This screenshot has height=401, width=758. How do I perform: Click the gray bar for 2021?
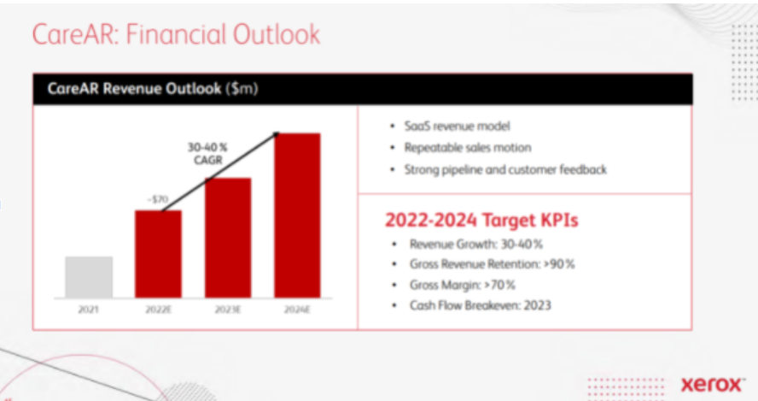pos(89,277)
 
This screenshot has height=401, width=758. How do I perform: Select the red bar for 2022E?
pos(158,254)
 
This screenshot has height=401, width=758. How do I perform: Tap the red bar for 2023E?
pos(228,238)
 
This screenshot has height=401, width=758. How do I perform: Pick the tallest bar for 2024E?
pos(297,215)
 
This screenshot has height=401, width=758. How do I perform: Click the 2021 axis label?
pos(88,310)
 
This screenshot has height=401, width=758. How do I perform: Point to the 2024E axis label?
pos(297,310)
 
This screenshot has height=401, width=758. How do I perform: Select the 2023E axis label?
pos(228,310)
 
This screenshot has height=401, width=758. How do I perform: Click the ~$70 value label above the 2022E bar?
pos(158,199)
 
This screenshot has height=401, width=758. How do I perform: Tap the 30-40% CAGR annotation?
pos(208,154)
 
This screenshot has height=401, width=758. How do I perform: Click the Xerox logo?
pos(712,385)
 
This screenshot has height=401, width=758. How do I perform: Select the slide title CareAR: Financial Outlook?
pos(176,34)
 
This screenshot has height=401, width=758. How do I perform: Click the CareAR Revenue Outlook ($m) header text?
pos(153,89)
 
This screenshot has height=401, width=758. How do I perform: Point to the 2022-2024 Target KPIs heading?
pos(481,221)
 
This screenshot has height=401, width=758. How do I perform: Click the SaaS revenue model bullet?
pos(457,127)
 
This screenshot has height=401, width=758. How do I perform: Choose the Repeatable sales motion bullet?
pos(468,148)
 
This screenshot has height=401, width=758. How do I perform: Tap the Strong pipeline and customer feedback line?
pos(505,169)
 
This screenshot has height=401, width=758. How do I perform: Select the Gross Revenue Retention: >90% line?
pos(493,264)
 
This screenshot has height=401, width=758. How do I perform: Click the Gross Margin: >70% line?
pos(462,286)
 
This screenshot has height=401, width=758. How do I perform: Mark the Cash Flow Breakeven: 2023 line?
pos(480,305)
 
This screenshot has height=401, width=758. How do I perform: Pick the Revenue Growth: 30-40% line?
pos(476,244)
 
